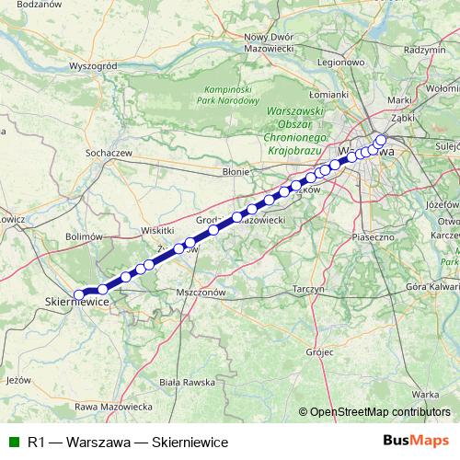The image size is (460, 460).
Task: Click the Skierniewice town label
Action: [x=77, y=302]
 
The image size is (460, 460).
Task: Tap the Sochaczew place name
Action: [x=109, y=151]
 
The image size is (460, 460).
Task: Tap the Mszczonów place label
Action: [x=200, y=292]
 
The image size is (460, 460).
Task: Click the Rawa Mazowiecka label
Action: [x=113, y=406]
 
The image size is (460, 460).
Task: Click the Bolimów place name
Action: [x=85, y=236]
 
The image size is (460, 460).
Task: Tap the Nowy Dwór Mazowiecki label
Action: [x=268, y=41]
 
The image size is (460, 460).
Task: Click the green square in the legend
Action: [x=12, y=442]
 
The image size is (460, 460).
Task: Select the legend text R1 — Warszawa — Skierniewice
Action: [x=128, y=442]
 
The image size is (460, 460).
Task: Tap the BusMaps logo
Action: [x=422, y=441]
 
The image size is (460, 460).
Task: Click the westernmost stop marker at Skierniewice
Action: [x=79, y=294]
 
